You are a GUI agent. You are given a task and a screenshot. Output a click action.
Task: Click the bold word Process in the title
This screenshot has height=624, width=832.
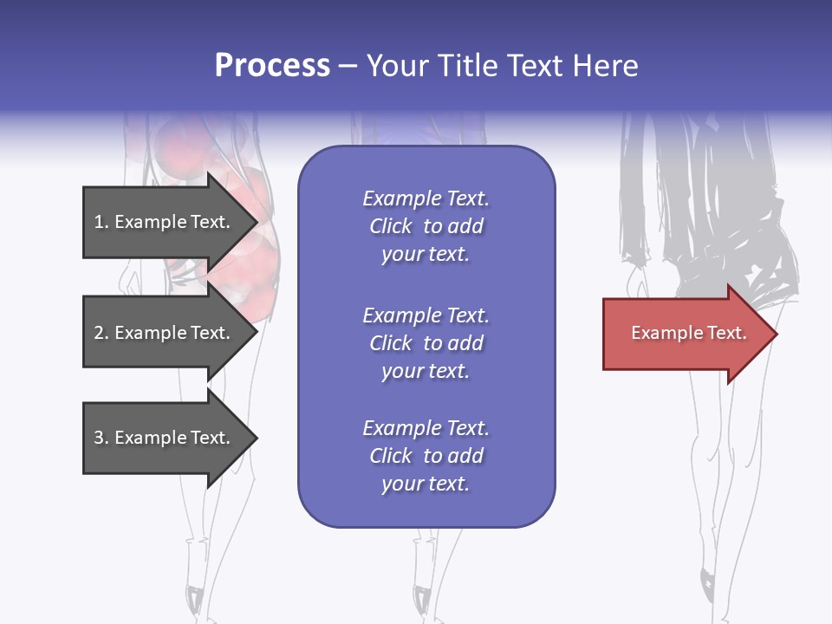click(272, 66)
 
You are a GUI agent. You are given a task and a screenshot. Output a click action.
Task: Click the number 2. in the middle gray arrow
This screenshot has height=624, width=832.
click(101, 333)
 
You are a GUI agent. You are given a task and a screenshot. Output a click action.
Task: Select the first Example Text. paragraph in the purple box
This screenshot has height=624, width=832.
click(426, 226)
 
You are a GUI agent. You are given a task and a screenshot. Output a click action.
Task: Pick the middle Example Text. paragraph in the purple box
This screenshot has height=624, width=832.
click(426, 343)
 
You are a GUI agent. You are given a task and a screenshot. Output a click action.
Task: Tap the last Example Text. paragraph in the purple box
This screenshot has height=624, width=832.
click(426, 456)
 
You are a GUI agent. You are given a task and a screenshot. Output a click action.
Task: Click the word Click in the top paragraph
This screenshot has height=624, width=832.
click(390, 226)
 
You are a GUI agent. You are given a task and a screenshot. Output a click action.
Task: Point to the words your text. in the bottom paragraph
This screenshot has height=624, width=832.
click(426, 484)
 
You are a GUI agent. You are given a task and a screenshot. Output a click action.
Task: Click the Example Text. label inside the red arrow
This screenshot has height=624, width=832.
click(688, 333)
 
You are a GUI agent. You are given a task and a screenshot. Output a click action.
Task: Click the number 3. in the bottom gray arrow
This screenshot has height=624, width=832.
click(101, 438)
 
